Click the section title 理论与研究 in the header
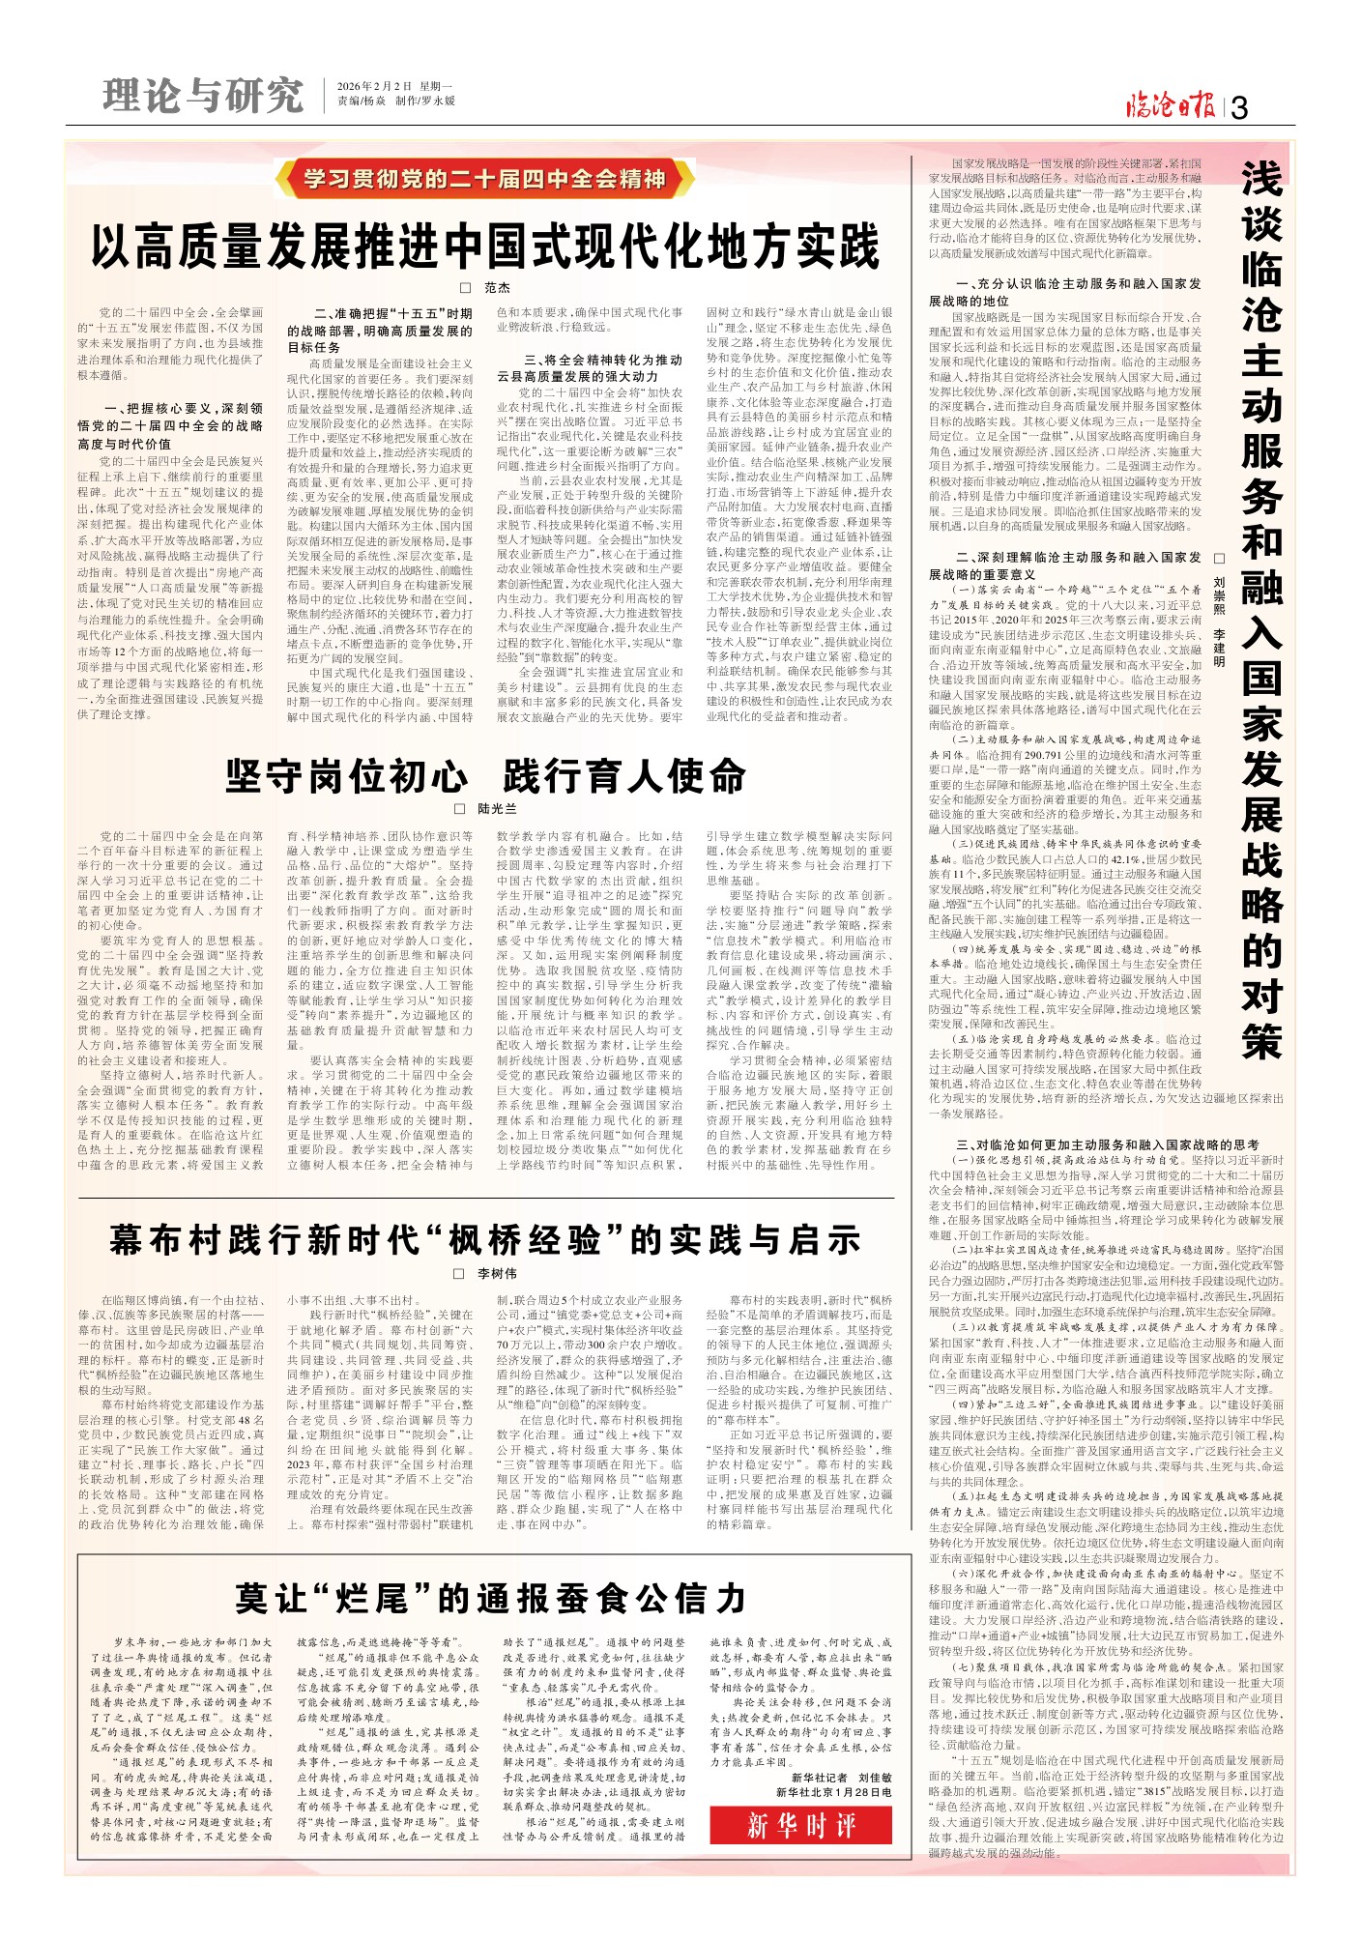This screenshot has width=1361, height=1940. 203,96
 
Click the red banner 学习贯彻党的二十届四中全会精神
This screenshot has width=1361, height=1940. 484,180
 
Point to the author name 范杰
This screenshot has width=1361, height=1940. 497,288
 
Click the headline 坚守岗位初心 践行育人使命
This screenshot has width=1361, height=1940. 485,776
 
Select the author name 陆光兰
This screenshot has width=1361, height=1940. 497,808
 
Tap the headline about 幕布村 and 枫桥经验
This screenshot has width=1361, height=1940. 485,1240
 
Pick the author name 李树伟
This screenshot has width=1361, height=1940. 497,1273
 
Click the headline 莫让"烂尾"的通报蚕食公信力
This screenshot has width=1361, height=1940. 490,1598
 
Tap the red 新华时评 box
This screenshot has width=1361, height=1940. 800,1825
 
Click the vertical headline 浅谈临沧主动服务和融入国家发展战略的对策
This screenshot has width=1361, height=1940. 1260,609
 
